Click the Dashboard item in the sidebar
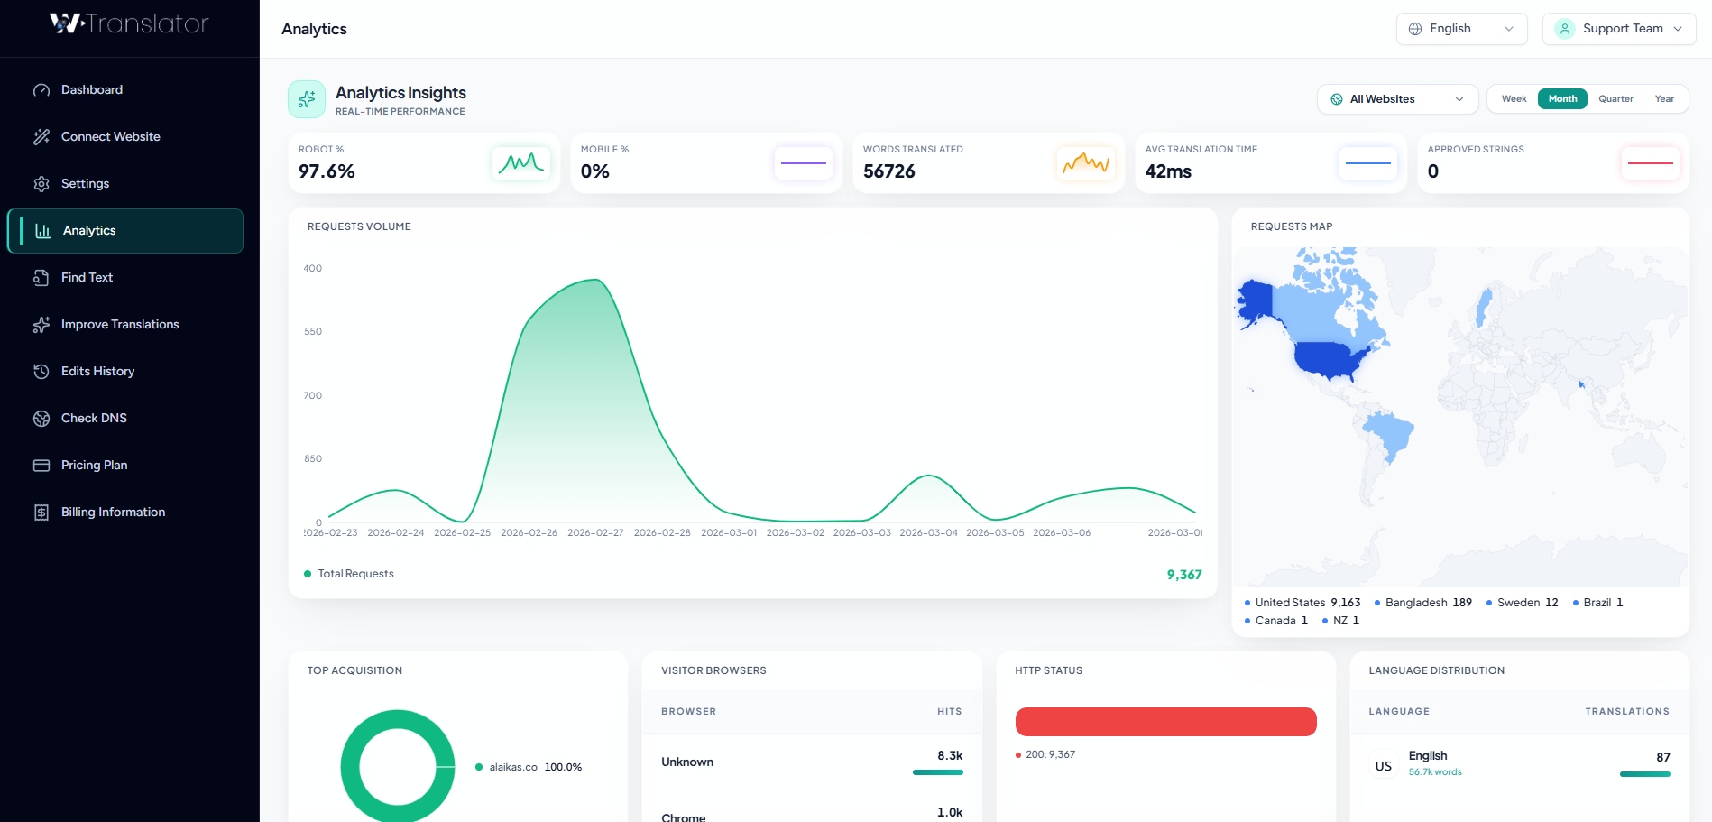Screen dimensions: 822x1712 click(91, 90)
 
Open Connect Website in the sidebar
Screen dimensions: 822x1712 click(110, 137)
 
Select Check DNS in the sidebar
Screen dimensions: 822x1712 click(94, 419)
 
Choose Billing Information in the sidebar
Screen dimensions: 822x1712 click(113, 513)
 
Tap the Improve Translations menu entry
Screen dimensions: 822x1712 click(120, 325)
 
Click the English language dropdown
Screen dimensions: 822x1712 click(1461, 29)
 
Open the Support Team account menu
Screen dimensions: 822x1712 click(1619, 29)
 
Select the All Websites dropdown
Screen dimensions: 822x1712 click(1397, 99)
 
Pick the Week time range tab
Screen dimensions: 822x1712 click(1514, 99)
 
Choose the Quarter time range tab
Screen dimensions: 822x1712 click(1615, 99)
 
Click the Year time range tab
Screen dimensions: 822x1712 click(1664, 99)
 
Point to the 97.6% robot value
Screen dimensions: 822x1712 click(327, 171)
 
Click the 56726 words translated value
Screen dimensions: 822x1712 click(888, 171)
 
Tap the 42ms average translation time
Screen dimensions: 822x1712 click(1168, 171)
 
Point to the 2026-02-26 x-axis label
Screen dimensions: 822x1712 click(529, 533)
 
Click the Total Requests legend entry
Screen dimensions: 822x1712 click(355, 574)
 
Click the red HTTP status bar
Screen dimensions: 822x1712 click(1165, 722)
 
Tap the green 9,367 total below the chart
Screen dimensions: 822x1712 click(1183, 575)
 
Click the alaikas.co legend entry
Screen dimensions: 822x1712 click(512, 767)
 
